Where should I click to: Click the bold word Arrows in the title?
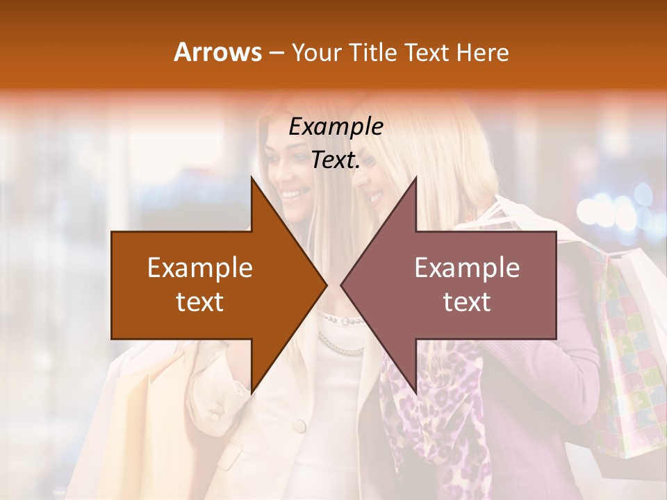[x=217, y=52]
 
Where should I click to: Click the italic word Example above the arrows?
[x=336, y=127]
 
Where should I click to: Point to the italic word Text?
[x=336, y=160]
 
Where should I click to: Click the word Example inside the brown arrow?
[x=200, y=267]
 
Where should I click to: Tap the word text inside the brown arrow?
[x=200, y=301]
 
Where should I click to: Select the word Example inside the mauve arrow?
[x=467, y=267]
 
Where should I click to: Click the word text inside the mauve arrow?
[x=467, y=301]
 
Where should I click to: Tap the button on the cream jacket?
[x=299, y=424]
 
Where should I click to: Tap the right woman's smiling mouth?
[x=375, y=197]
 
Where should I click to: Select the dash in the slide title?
[x=275, y=53]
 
